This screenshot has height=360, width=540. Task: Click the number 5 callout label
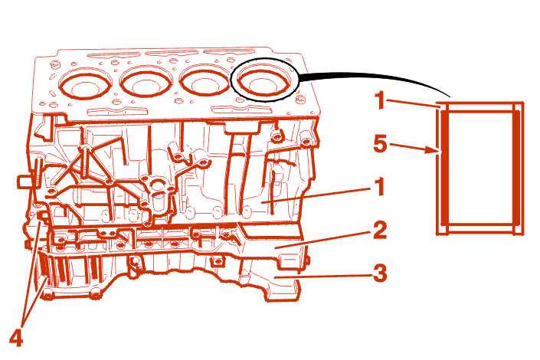tap(381, 144)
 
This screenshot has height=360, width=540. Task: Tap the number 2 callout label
tap(380, 230)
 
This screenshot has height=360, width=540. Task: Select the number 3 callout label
tap(380, 273)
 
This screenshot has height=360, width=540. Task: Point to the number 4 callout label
tap(16, 338)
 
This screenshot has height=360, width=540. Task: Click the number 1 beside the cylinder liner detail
tap(380, 100)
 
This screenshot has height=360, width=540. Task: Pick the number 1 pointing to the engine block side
tap(379, 187)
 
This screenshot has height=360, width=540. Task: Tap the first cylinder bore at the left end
tap(85, 85)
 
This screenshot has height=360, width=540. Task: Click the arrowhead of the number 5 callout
tap(434, 150)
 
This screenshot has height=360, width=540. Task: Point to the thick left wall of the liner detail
tap(444, 168)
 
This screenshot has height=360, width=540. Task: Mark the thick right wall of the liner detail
tap(516, 168)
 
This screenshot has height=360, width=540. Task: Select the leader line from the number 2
tap(324, 240)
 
